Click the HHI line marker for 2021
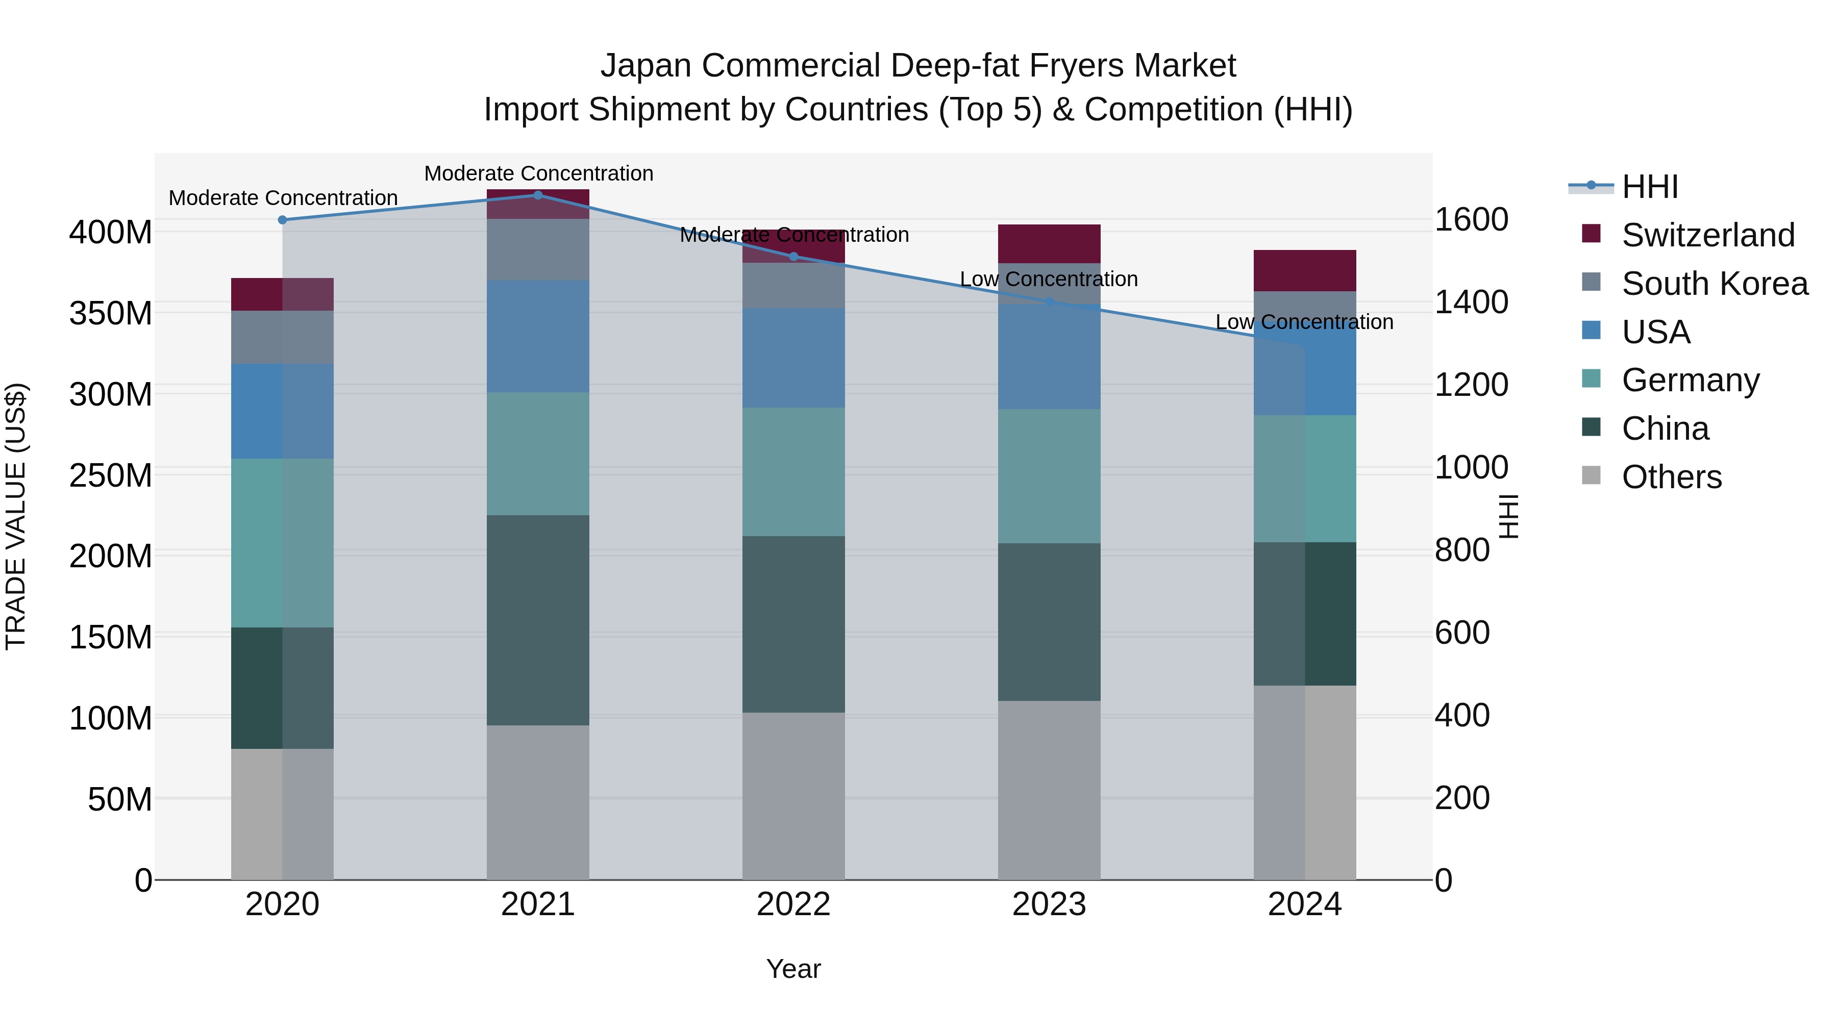[538, 195]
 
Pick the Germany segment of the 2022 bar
[793, 471]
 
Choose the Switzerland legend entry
[1707, 235]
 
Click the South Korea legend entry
[1715, 284]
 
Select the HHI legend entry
[1649, 187]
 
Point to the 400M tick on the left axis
[111, 233]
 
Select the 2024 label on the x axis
[1304, 904]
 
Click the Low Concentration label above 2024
[1304, 322]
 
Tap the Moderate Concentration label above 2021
[538, 173]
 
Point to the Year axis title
[793, 969]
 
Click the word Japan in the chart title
[646, 66]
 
